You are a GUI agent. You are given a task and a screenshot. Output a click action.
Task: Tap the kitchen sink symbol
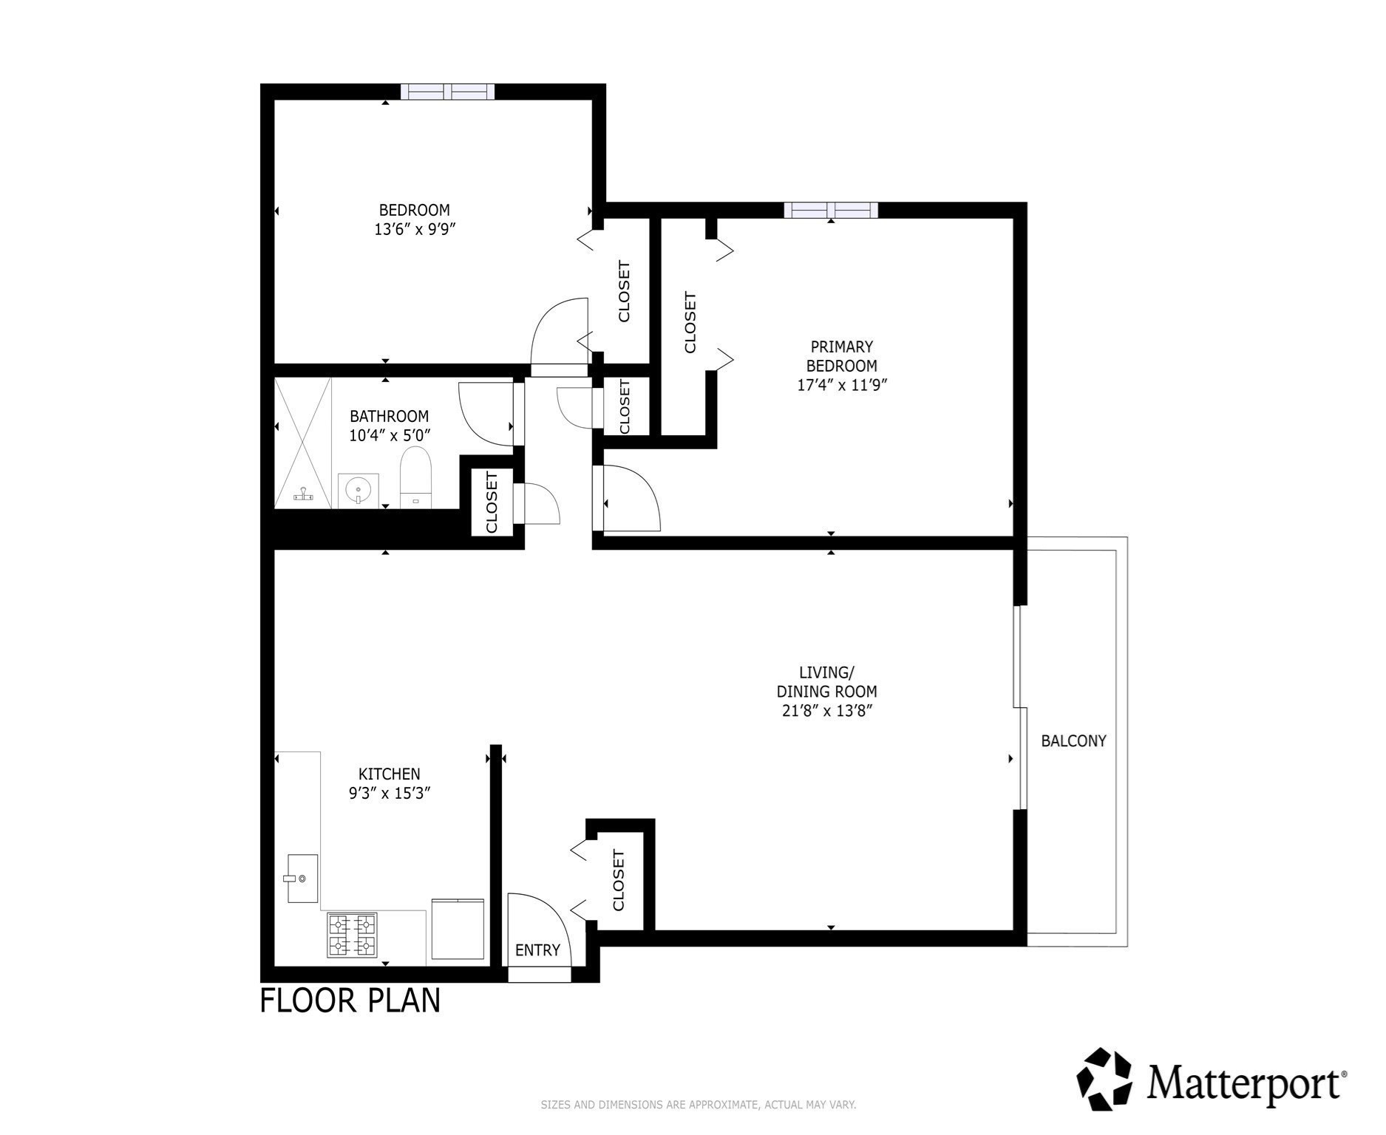click(x=302, y=879)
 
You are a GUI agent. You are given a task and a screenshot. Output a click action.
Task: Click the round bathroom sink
click(x=359, y=490)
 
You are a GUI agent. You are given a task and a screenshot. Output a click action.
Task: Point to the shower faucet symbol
click(x=304, y=495)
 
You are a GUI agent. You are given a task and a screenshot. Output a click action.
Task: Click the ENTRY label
click(x=538, y=951)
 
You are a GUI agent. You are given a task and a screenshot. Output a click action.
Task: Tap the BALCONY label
click(x=1074, y=741)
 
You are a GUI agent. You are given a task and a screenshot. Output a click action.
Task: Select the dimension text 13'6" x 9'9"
click(x=415, y=230)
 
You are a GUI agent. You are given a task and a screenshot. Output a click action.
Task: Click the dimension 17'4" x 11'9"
click(x=842, y=385)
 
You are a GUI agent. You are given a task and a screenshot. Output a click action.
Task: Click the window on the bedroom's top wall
click(x=448, y=92)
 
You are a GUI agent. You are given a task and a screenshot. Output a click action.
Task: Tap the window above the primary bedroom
click(x=832, y=211)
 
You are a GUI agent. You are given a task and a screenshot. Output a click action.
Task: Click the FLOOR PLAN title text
click(x=350, y=1001)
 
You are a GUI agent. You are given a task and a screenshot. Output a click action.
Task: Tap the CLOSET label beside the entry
click(x=619, y=881)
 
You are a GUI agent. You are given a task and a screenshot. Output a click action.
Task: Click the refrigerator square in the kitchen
click(x=458, y=929)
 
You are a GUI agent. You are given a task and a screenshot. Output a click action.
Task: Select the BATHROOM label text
click(x=390, y=416)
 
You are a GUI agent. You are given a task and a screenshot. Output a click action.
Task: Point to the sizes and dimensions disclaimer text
click(x=699, y=1105)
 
